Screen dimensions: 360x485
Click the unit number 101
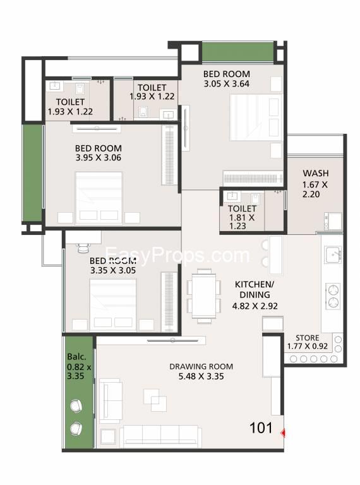pos(261,428)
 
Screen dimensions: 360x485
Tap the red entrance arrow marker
pos(283,433)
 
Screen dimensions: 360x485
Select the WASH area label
pos(315,173)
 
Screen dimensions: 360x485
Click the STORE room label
pos(307,338)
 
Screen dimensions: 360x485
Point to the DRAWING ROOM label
pos(201,366)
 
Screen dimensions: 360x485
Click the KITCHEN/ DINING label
pos(255,289)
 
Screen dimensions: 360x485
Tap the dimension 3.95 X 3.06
pos(99,158)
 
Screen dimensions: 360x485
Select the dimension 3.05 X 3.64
pos(226,83)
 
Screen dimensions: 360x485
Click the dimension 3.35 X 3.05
pos(113,270)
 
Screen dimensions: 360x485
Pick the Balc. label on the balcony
pos(76,357)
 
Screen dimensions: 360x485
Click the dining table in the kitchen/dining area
pos(204,296)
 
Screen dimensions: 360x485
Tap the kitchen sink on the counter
pos(333,254)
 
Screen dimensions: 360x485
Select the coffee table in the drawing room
pos(155,400)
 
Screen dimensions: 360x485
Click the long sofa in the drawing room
pos(160,436)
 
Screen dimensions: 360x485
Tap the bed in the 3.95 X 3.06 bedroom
pos(99,197)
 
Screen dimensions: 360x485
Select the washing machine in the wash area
pos(333,221)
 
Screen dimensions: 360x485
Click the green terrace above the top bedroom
pos(237,52)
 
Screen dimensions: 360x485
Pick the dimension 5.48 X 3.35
pos(201,376)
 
